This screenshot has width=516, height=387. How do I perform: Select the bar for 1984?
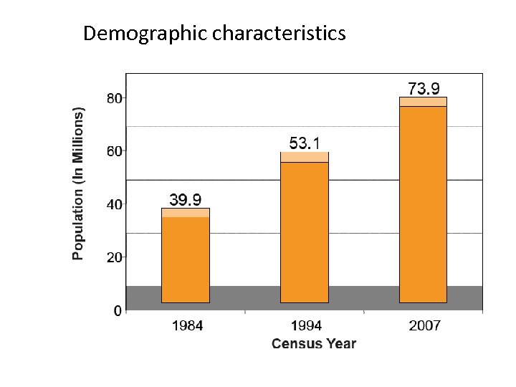(x=186, y=258)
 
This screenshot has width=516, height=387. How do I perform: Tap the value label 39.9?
(x=185, y=199)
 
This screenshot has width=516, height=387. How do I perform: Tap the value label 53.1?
(x=305, y=143)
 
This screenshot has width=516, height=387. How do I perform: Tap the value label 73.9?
(x=424, y=88)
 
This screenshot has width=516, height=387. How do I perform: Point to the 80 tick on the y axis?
(x=115, y=99)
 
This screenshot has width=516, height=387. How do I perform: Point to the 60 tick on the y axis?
(x=115, y=151)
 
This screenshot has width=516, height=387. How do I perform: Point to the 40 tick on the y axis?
(x=115, y=204)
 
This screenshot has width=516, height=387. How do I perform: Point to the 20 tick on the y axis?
(x=115, y=257)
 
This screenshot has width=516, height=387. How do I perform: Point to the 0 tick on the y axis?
(x=118, y=310)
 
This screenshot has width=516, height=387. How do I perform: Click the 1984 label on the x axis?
(x=187, y=326)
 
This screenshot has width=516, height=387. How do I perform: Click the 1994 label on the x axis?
(x=306, y=326)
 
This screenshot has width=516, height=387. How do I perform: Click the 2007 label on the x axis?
(x=425, y=326)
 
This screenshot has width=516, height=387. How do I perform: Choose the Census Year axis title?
(x=313, y=344)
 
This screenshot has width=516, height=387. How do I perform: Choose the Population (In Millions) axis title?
(x=78, y=183)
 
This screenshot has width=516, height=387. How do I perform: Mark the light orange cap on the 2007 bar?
(x=423, y=102)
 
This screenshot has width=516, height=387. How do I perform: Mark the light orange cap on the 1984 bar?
(x=186, y=213)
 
